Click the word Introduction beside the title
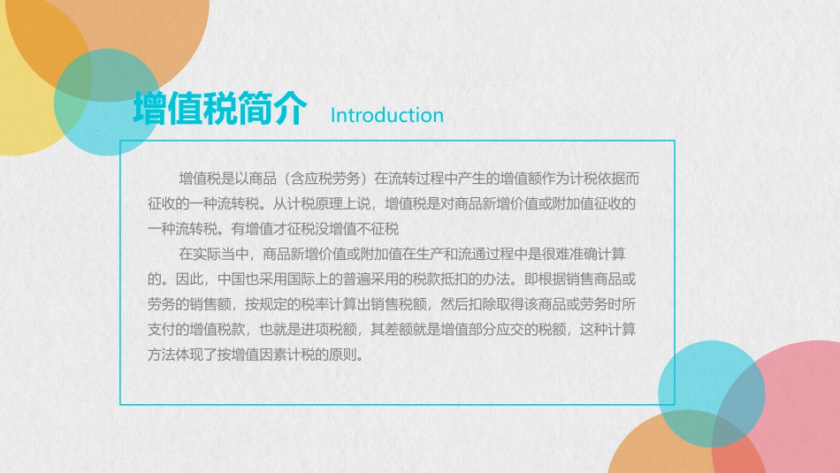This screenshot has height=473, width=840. click(x=386, y=115)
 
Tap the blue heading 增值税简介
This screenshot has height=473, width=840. click(x=220, y=110)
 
